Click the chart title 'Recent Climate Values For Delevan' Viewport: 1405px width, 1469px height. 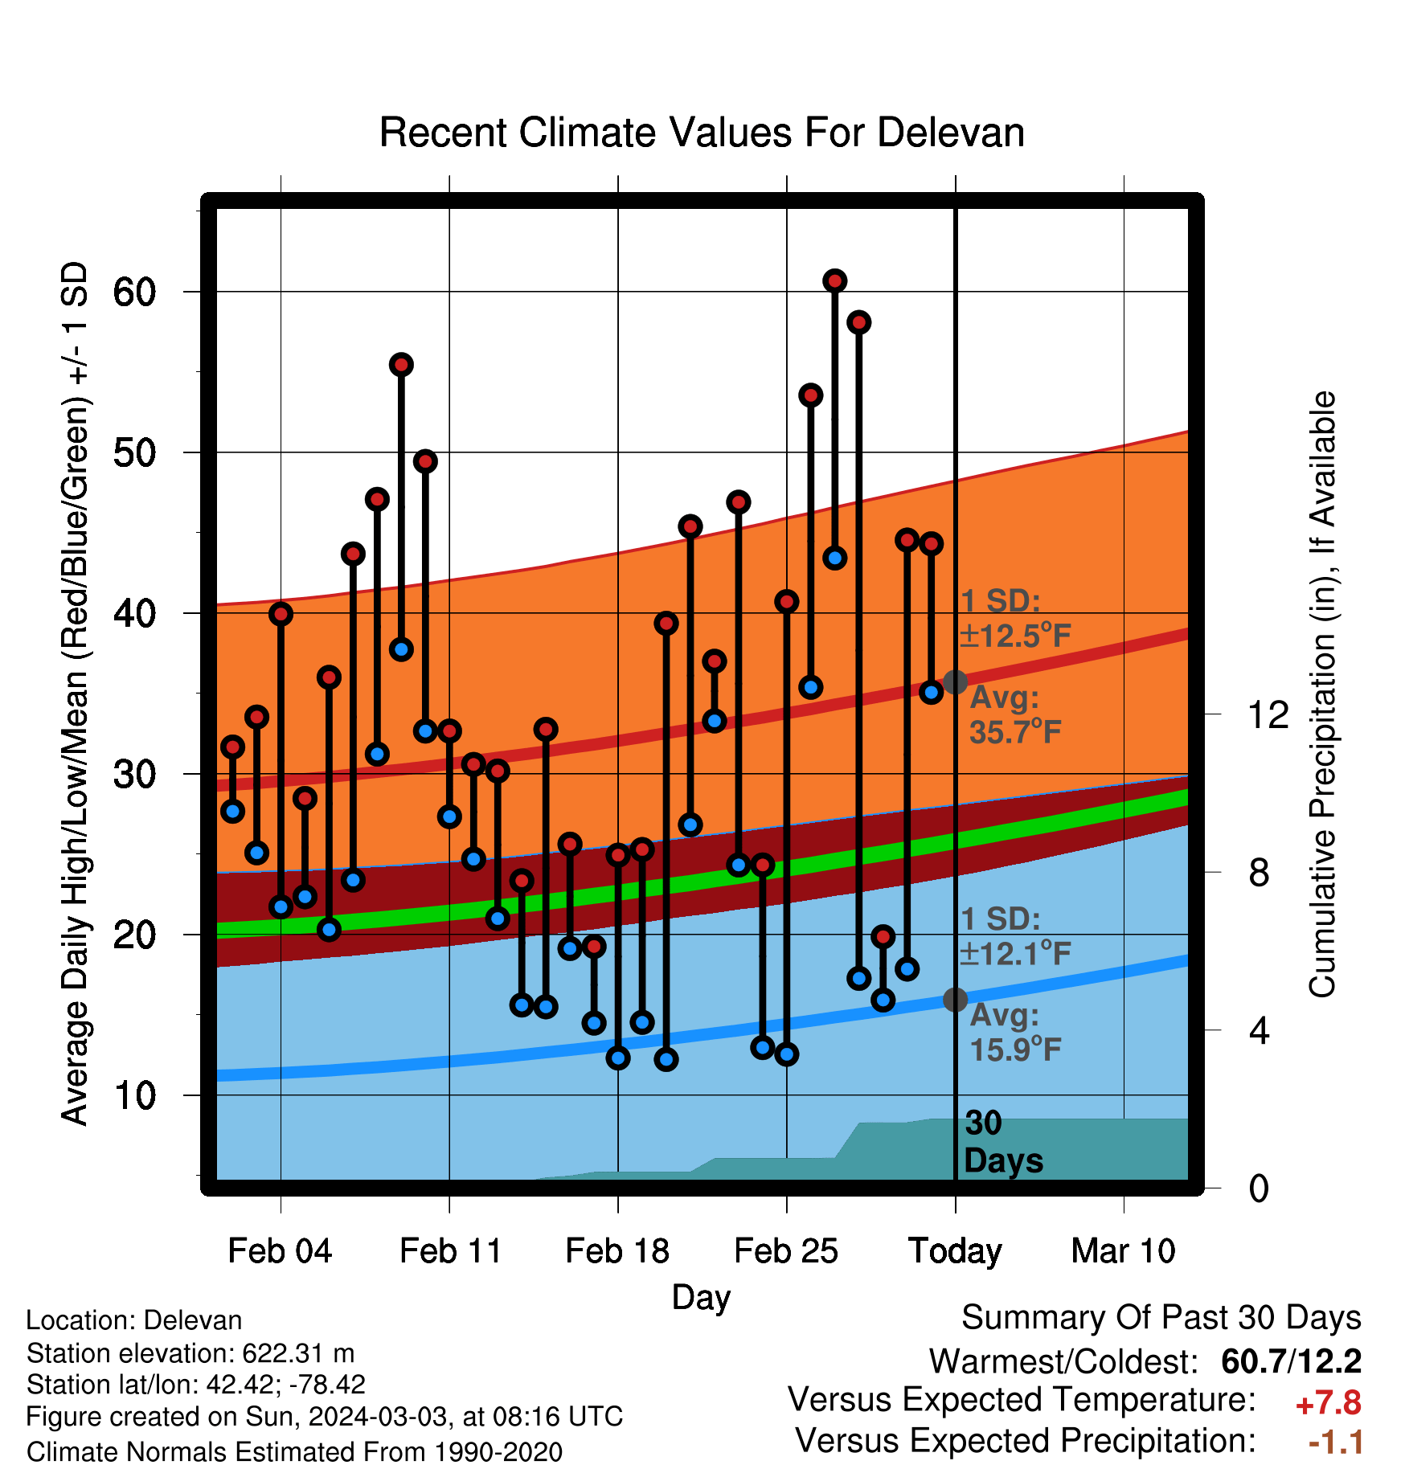pos(702,133)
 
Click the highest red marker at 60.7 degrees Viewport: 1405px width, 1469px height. pos(834,280)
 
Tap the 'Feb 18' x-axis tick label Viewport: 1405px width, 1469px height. pos(617,1251)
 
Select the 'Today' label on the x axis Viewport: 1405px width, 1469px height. pos(955,1252)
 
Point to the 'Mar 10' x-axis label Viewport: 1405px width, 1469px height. pos(1123,1251)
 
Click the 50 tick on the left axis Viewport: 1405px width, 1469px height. pos(134,452)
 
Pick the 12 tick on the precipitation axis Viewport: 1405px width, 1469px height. pos(1268,714)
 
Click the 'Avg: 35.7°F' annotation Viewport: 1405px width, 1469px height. pos(1015,714)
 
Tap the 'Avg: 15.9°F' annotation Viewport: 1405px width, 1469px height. pos(1015,1032)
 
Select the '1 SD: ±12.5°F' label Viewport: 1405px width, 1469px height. pos(1015,618)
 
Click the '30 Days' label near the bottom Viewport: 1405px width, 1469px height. pos(1003,1142)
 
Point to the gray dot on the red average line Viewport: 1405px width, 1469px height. pos(955,681)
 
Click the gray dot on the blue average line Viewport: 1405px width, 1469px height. pos(955,1000)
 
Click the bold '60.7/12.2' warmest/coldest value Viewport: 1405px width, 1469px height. pos(1291,1361)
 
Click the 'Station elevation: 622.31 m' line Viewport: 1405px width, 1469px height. pos(190,1353)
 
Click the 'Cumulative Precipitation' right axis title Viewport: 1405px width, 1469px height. pos(1322,694)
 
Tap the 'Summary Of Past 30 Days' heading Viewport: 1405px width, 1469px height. pos(1161,1318)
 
